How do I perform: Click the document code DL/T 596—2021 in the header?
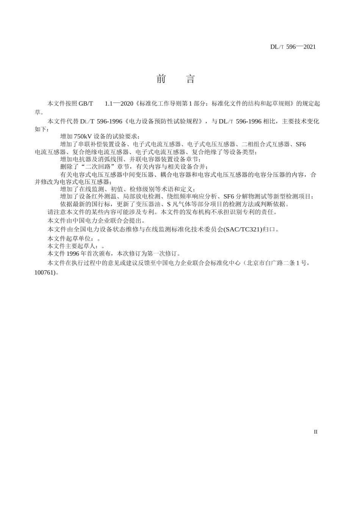pos(293,47)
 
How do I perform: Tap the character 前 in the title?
pos(161,79)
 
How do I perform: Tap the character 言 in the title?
pos(191,79)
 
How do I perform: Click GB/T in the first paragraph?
pos(86,103)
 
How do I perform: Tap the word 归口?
pos(269,229)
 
